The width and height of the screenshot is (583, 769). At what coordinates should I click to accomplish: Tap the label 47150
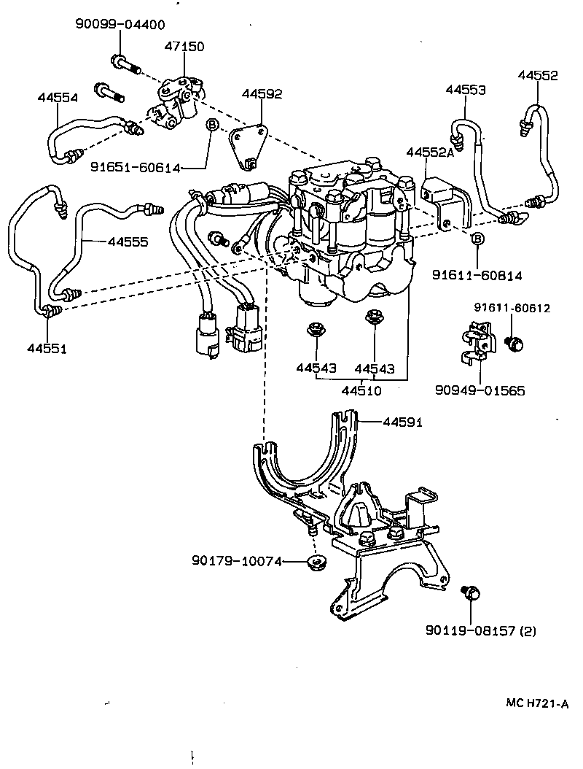pos(183,46)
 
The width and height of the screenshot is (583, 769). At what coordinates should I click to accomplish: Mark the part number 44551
pos(47,349)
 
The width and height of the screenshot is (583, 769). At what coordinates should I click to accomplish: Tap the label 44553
pos(466,90)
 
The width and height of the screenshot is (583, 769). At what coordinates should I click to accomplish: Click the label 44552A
pos(429,152)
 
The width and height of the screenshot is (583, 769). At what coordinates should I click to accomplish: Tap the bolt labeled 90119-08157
pos(472,594)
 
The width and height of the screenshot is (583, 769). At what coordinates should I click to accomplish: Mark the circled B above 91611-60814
pos(477,238)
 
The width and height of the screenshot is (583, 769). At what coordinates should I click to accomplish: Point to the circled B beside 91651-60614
pos(212,125)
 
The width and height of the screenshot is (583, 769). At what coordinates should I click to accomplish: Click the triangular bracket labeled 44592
pos(248,150)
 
